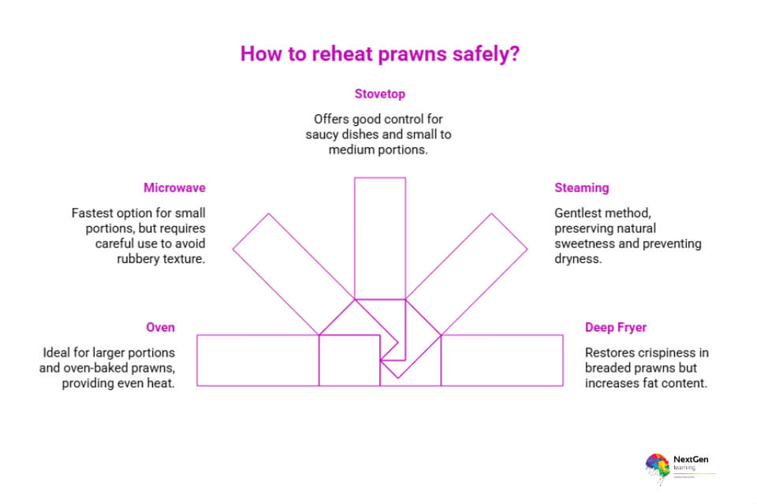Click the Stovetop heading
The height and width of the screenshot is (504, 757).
(379, 94)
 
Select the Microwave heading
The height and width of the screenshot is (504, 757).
(174, 187)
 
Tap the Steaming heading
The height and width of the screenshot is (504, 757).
(582, 187)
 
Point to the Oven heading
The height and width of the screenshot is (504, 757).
(160, 327)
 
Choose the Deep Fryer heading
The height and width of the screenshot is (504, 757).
(616, 327)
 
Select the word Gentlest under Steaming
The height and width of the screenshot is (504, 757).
(580, 213)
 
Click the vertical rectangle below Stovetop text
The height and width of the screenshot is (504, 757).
(379, 236)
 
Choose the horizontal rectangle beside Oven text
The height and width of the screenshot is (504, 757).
(256, 360)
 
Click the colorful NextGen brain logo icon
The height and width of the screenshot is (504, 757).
(657, 465)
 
